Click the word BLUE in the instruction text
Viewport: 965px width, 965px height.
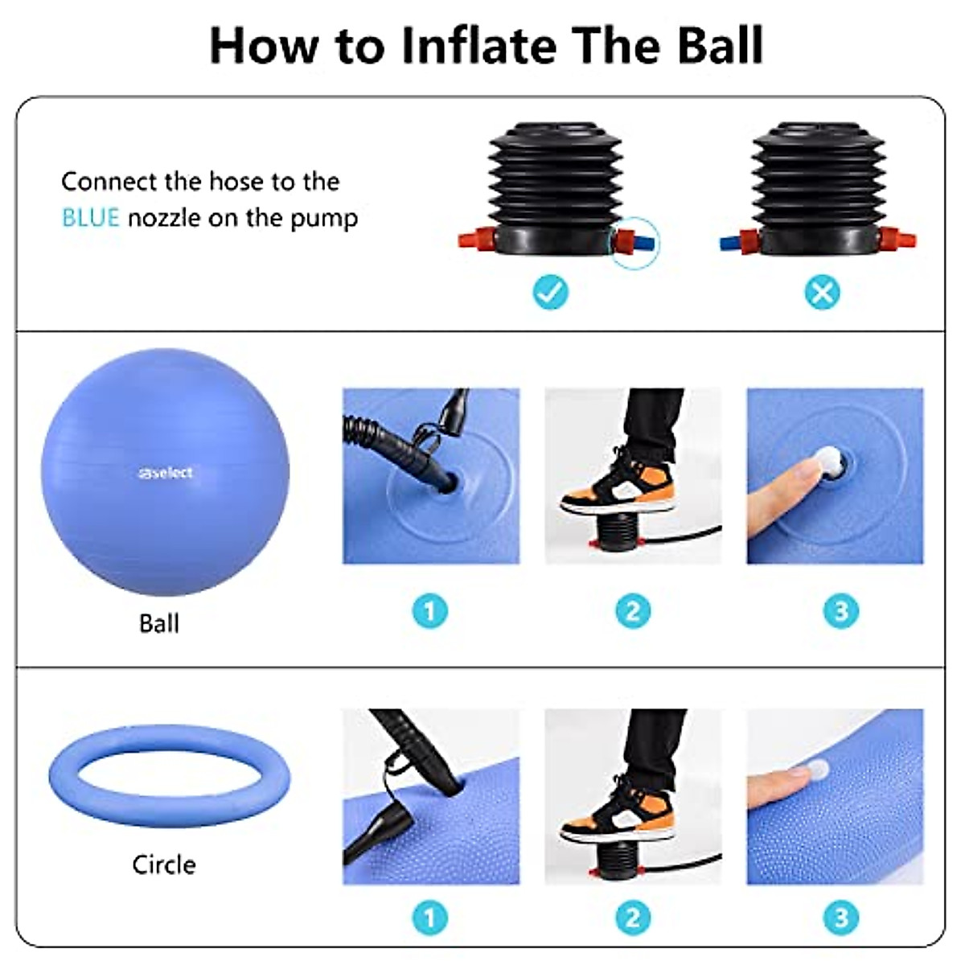click(x=90, y=218)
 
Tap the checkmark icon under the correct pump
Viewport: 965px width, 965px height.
click(x=551, y=293)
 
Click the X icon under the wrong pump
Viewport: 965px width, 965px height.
click(x=822, y=293)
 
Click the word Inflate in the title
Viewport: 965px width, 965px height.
click(x=478, y=46)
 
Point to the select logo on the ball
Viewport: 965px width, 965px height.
click(x=165, y=473)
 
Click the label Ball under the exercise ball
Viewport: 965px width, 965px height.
click(x=159, y=623)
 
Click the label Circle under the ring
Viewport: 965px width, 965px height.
click(x=164, y=864)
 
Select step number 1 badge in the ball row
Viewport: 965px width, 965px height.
click(x=430, y=611)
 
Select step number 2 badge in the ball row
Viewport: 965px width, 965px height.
click(x=633, y=611)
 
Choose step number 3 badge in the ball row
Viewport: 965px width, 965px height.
click(x=841, y=611)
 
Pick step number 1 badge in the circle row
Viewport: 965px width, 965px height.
click(x=430, y=918)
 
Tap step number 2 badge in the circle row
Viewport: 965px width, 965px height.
click(x=633, y=918)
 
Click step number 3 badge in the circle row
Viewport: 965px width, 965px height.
click(x=841, y=918)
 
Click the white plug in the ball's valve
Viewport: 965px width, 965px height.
click(x=827, y=462)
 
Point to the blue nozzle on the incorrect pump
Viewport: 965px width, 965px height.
click(x=730, y=241)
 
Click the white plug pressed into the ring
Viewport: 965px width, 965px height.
click(x=817, y=770)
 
